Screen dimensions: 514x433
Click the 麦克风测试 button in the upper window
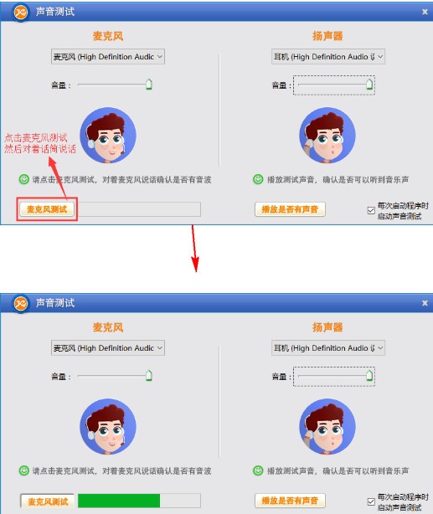[47, 209]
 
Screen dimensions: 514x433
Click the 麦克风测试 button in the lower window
[47, 501]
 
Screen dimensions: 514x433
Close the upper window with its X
[425, 12]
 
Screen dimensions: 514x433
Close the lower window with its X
[425, 302]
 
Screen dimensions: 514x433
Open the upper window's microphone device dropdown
[108, 56]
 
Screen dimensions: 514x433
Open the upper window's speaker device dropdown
[328, 56]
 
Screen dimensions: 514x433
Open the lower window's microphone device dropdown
[108, 347]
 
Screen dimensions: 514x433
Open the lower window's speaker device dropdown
[328, 347]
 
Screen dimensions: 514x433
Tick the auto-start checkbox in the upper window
[371, 210]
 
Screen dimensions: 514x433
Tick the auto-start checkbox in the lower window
[371, 502]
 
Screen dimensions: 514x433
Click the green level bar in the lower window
[118, 501]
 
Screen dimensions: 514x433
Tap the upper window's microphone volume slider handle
[148, 84]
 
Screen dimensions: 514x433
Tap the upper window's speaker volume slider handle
[369, 84]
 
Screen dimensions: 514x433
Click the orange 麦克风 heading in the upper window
[108, 36]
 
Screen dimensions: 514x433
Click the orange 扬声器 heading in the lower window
[327, 327]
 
